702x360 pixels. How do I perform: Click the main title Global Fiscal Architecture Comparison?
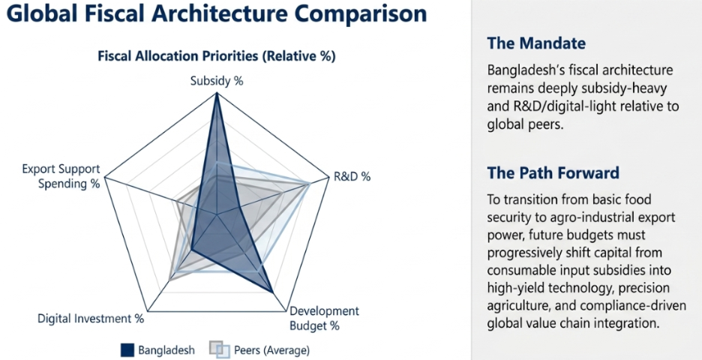[217, 14]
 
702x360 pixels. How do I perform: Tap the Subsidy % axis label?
[217, 81]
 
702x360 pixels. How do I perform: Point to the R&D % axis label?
[352, 176]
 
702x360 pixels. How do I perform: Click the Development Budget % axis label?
[325, 318]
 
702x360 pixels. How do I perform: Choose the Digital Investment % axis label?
[91, 318]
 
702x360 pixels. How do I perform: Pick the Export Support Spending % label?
[61, 176]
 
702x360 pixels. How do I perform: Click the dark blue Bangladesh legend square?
[127, 349]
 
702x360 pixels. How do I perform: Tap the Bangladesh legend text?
[166, 350]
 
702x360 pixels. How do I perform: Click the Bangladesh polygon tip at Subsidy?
[217, 93]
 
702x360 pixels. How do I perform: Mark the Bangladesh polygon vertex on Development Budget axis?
[273, 292]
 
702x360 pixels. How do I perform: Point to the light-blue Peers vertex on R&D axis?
[309, 183]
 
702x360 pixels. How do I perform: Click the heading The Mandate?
[536, 43]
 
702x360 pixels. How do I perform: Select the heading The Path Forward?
[553, 172]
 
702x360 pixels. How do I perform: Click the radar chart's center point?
[217, 214]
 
